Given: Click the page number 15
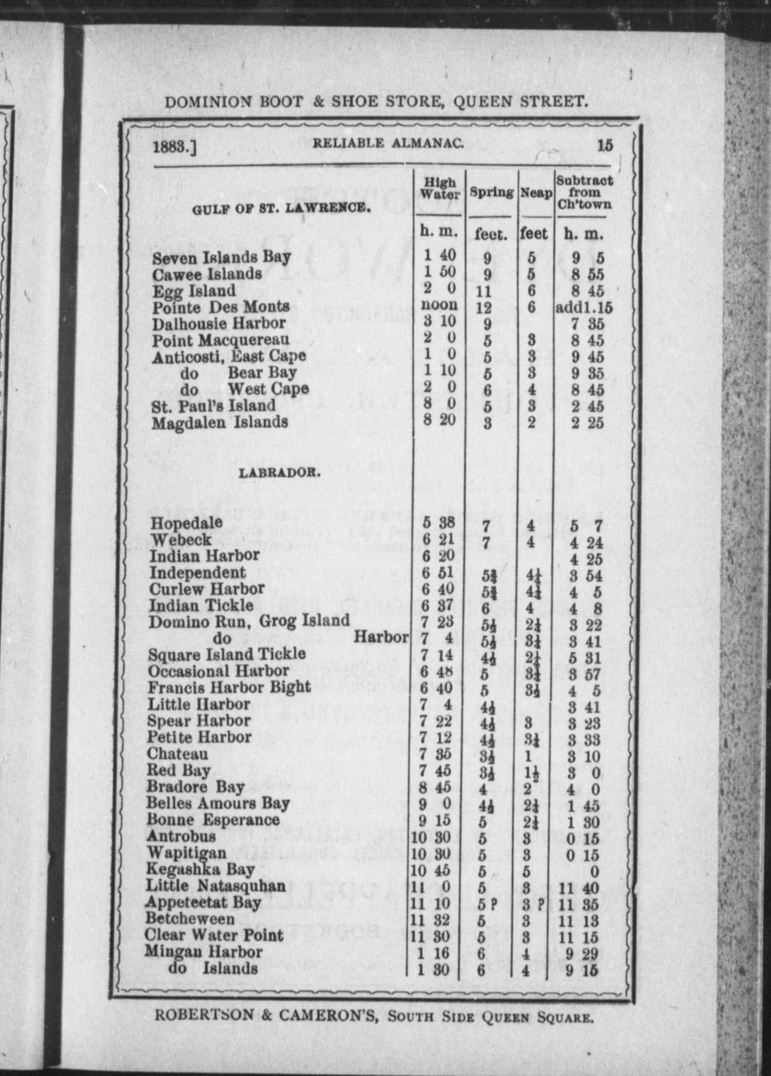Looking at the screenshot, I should coord(605,145).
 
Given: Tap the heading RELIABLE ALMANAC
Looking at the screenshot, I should coord(389,143).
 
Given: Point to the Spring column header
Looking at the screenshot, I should coord(492,193).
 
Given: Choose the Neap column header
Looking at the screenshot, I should coord(536,194).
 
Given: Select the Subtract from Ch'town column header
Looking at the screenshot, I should coord(585,193).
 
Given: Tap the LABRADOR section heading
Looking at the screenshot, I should coord(279,473).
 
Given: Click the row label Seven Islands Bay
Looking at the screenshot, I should coord(221,257).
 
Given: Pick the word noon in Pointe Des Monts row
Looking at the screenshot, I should coord(439,305).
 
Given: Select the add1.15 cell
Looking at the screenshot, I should coord(584,308).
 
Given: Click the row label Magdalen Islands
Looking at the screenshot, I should coord(219,422).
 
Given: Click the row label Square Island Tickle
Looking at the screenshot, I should coord(227,655).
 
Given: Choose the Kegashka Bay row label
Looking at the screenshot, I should coord(200,869).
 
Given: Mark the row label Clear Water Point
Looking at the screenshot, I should coord(214,935).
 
